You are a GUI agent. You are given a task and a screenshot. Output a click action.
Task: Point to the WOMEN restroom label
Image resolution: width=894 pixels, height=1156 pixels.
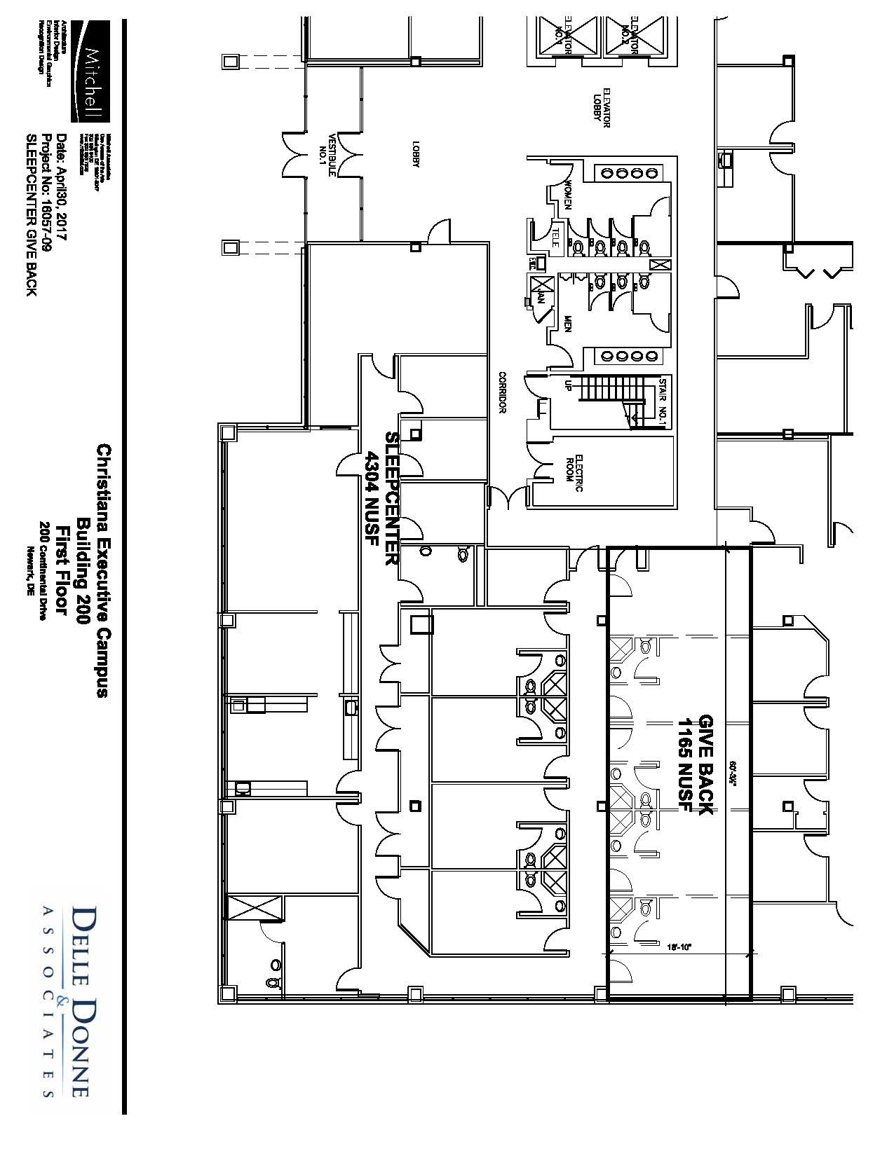[569, 195]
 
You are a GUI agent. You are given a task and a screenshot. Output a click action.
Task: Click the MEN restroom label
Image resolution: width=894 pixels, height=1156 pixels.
[569, 324]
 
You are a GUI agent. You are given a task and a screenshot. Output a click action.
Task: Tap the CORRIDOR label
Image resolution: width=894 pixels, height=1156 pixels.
[502, 392]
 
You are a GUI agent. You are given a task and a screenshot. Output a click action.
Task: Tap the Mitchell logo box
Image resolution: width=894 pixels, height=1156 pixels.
[90, 70]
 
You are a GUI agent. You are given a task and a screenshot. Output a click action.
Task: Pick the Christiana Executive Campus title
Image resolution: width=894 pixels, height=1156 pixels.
[103, 570]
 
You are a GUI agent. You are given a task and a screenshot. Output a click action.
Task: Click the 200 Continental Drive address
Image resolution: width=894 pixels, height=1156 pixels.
[43, 572]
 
